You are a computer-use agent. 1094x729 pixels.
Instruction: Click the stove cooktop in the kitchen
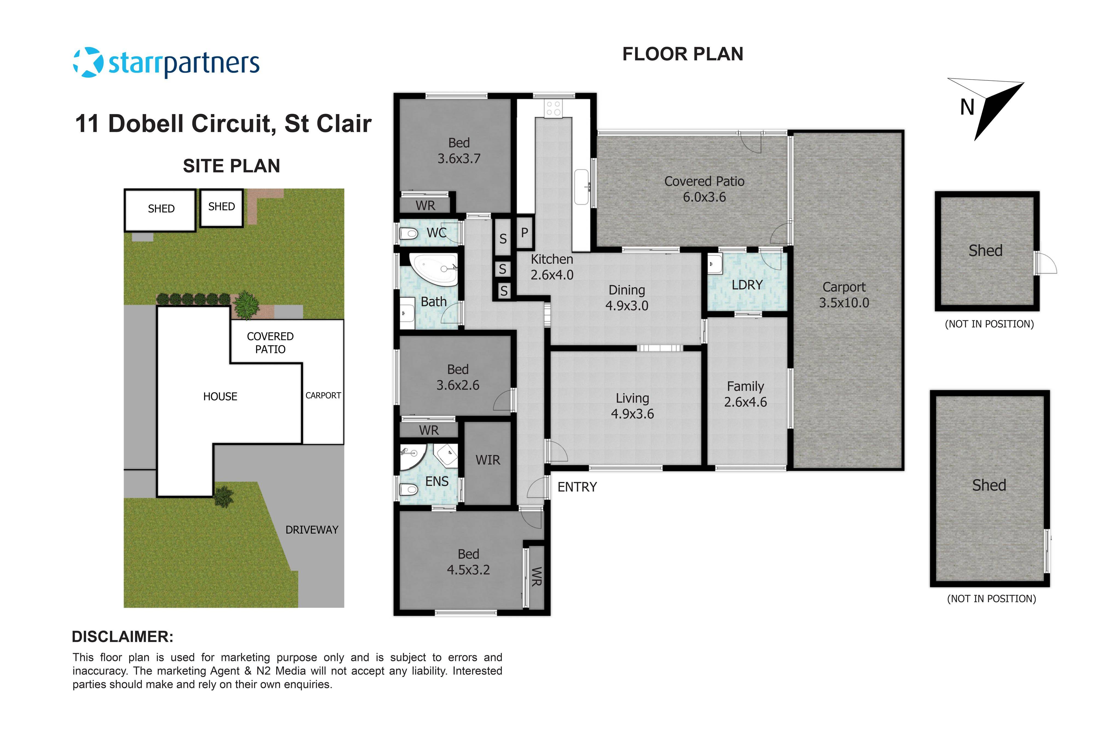553,109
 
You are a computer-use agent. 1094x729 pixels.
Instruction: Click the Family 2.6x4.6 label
745,394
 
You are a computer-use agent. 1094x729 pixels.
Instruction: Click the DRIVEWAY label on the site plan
312,529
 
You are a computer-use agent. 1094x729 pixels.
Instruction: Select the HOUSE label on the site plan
220,396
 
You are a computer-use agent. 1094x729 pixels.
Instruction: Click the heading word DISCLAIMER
122,637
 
